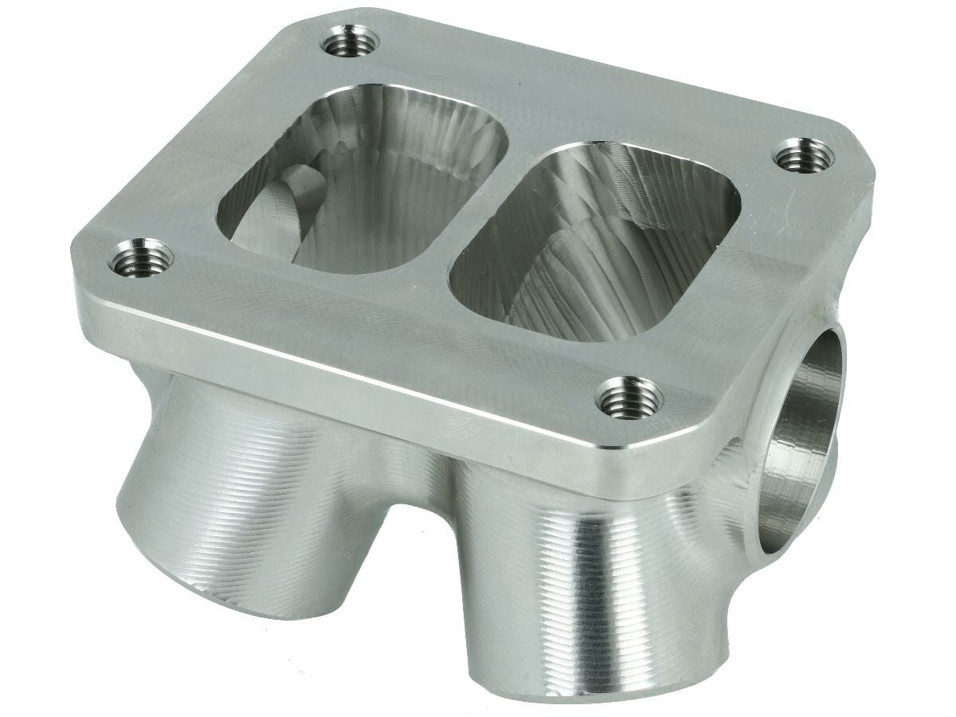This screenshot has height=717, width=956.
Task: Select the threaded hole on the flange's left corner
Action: click(x=141, y=258)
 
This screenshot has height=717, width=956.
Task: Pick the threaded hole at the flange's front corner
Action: click(x=629, y=396)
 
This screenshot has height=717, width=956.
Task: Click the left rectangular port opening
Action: click(x=362, y=179)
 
